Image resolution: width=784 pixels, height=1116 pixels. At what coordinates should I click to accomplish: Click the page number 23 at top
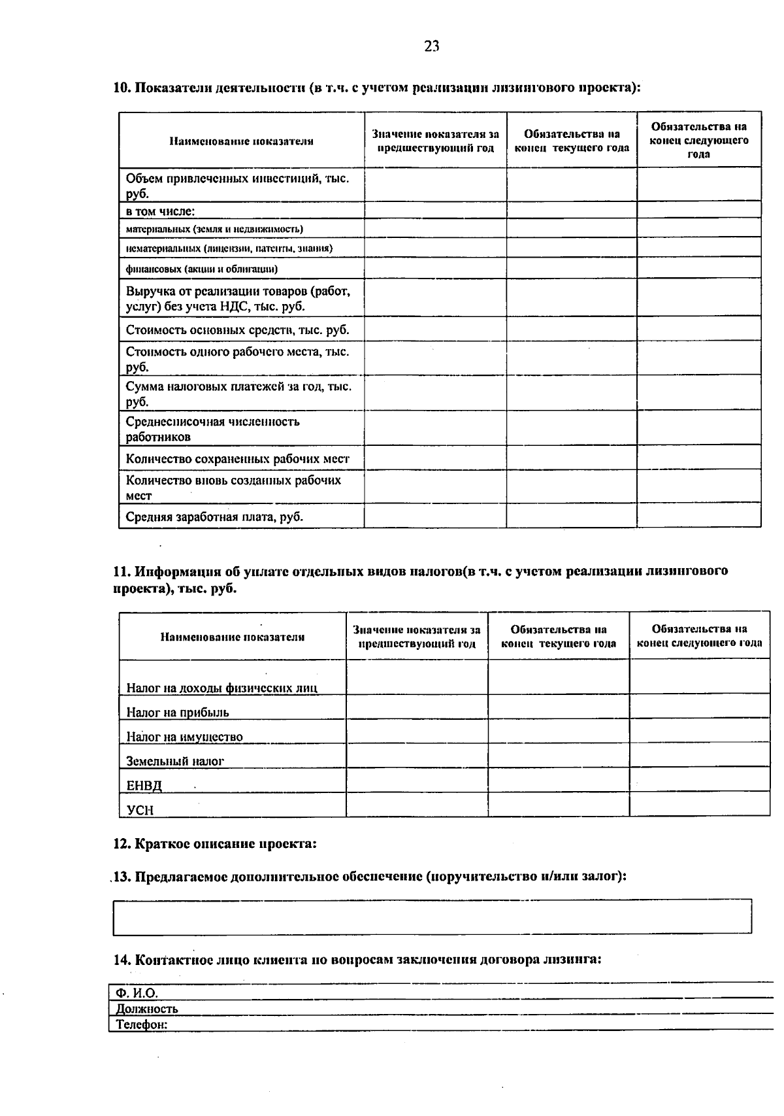tap(432, 46)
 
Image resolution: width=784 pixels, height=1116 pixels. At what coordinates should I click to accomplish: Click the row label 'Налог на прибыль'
tap(178, 713)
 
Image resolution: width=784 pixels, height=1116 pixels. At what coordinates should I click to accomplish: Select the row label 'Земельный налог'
tap(175, 761)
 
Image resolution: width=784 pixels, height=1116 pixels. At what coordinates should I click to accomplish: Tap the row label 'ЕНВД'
tap(144, 785)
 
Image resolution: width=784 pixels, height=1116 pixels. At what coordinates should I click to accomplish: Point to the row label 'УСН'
tap(140, 810)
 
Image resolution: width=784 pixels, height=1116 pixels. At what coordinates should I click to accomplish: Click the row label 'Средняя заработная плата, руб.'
tap(214, 517)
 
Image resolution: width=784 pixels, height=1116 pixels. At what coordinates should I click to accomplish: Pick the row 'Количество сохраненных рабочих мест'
tap(238, 459)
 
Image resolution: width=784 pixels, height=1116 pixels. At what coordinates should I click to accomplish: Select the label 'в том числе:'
tap(161, 211)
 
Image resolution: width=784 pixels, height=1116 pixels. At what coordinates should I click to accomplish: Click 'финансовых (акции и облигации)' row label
tap(202, 269)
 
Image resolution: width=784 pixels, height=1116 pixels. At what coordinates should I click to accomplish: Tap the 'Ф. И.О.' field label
tap(137, 993)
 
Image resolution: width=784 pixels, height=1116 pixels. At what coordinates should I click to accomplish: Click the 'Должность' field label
tap(147, 1009)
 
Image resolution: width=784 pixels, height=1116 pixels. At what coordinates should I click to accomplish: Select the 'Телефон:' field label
tap(142, 1024)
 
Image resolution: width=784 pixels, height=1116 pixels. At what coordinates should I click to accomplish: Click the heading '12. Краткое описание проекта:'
tap(215, 844)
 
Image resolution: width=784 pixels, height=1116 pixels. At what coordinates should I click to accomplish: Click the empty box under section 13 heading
tap(432, 917)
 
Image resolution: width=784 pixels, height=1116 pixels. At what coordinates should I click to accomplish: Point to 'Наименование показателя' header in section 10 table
tap(241, 141)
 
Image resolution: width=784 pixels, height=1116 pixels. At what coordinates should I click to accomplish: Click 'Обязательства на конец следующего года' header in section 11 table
tap(699, 636)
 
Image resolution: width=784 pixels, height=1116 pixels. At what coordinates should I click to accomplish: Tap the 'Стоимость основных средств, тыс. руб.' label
tap(237, 330)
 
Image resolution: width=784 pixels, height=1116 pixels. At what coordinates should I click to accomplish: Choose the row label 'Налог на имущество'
tap(184, 737)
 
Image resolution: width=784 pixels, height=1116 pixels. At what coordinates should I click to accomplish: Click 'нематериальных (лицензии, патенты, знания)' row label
tap(229, 248)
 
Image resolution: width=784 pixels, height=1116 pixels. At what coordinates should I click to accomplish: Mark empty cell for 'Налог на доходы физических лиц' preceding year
tap(417, 677)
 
